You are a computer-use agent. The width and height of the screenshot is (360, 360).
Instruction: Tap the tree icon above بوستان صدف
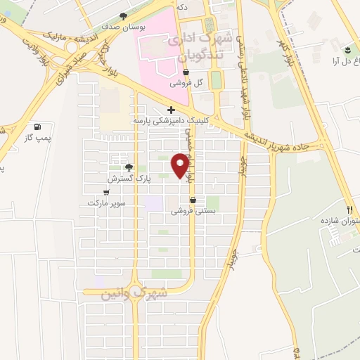point(124,16)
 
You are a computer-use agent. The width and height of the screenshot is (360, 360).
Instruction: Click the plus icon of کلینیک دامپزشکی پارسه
point(171,110)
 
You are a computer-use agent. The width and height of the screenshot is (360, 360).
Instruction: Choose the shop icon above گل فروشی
point(186,72)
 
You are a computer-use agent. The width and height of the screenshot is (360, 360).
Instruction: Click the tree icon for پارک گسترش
point(129,167)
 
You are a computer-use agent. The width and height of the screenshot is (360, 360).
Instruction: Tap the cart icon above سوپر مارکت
point(106,192)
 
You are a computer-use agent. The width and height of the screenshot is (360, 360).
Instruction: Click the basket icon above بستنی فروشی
point(193,200)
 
